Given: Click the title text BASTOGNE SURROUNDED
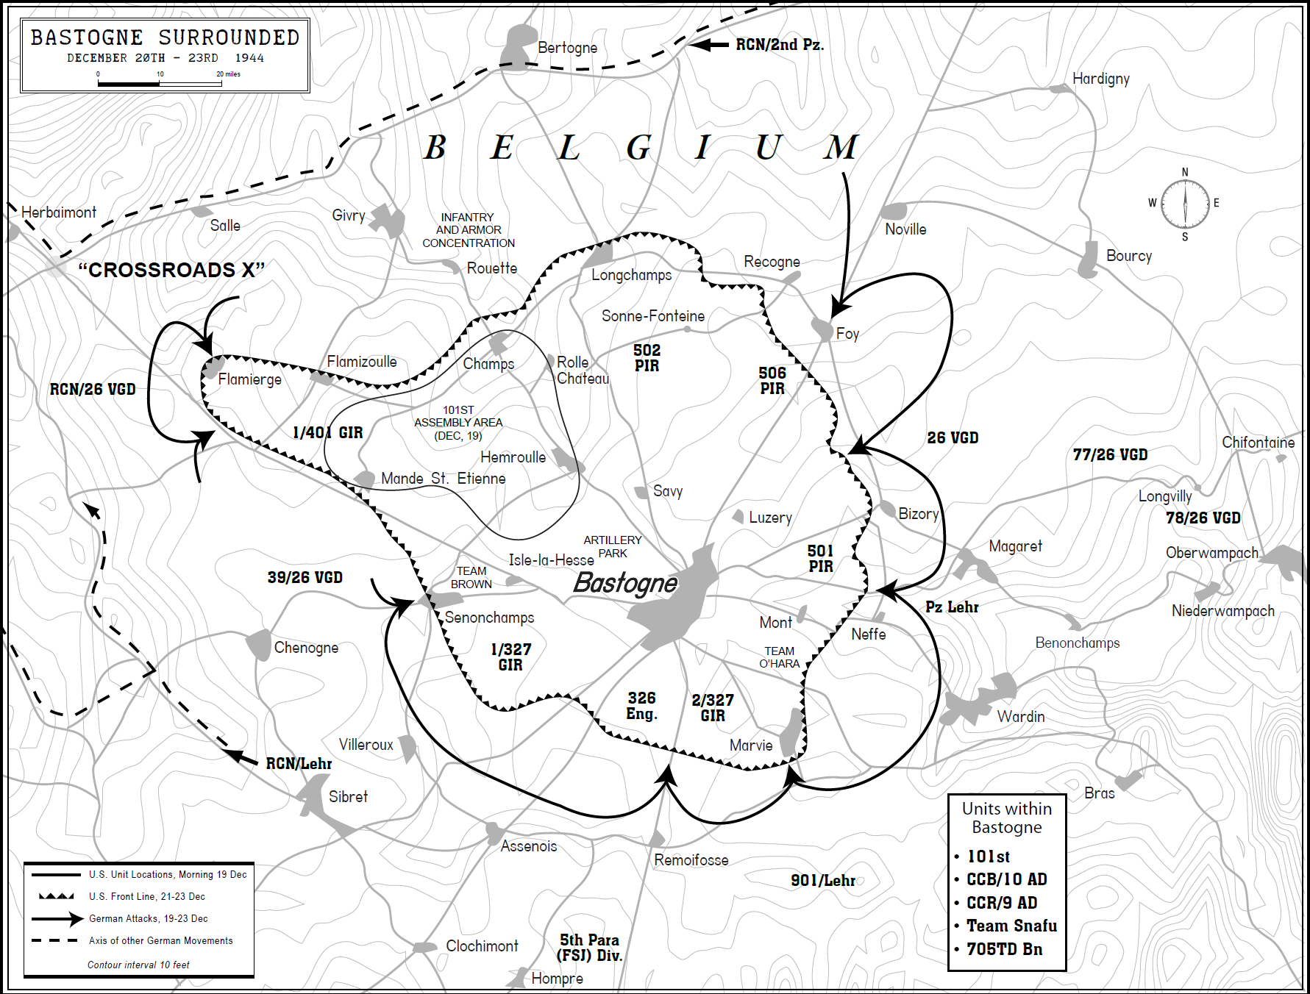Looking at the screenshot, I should pos(165,37).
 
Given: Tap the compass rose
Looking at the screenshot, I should pos(1184,204).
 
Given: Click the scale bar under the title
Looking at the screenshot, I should pos(160,84).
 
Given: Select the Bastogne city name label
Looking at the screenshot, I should pos(624,583).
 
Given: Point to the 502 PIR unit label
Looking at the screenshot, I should pos(647,358).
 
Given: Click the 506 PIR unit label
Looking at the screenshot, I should pos(772,381).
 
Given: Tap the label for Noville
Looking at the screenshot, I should pos(905,229).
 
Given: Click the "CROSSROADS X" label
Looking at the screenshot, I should pos(171,270).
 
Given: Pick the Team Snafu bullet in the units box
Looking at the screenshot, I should pos(1011,926).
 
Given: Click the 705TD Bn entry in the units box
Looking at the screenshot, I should pos(1004,949).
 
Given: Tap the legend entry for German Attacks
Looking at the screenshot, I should pos(148,918).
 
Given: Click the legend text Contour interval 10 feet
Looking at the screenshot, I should pos(138,965).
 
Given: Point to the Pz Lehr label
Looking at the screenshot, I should pos(952,607).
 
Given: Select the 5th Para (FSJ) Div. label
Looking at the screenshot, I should pos(590,948).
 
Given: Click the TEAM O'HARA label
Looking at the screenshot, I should pos(779,657).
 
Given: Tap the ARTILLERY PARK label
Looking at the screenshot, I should pos(612,546).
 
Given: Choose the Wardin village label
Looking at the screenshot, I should pos(1020,717).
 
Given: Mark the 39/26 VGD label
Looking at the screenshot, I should pos(305,578).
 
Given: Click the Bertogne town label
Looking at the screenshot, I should pos(567,48).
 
